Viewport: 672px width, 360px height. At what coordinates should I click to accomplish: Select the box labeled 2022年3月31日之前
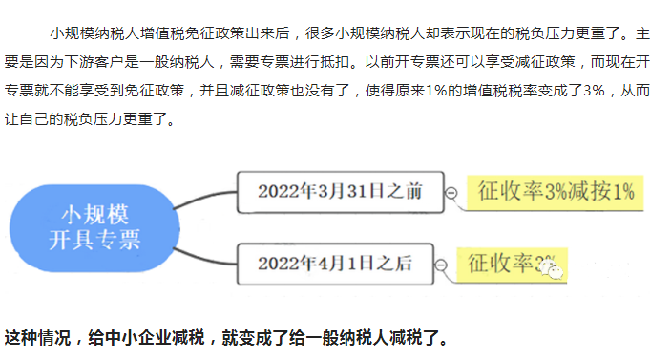click(x=339, y=191)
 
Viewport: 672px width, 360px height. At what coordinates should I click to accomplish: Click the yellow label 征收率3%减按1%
click(x=555, y=191)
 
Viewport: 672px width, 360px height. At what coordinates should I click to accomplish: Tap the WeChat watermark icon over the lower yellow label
click(x=554, y=272)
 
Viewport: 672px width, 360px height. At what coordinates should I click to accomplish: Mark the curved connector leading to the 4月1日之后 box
click(x=205, y=256)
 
